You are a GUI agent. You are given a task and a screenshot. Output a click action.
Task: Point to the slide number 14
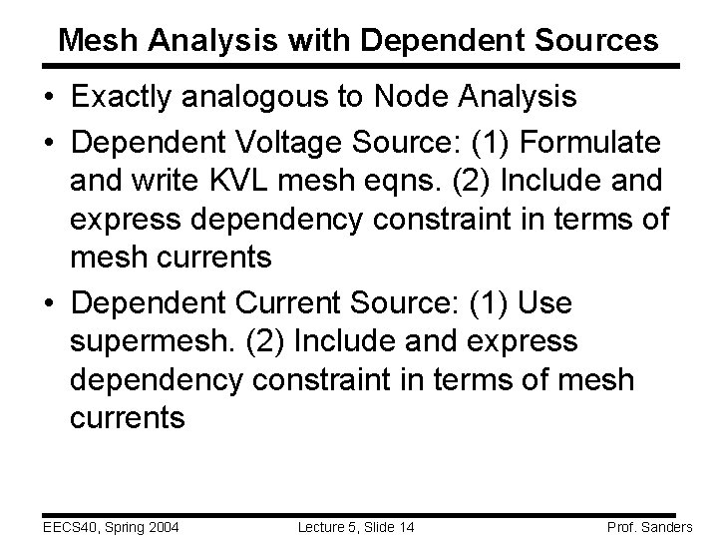click(x=405, y=525)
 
